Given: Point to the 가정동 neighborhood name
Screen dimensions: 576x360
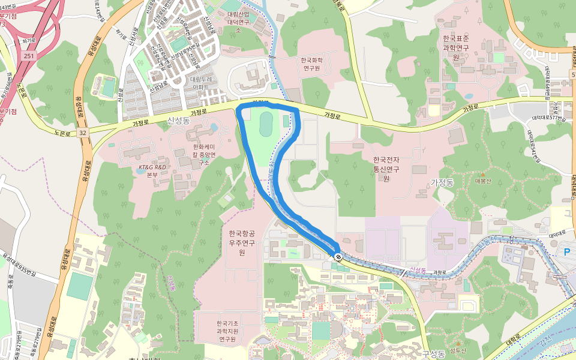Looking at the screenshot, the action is pos(444,181).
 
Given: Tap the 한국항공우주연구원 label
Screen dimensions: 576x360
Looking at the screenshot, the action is pos(242,242).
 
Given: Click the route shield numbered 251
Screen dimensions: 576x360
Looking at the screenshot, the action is pos(29,55).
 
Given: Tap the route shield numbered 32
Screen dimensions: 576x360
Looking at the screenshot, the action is pos(82,132).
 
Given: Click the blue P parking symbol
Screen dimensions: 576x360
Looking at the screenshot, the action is pos(567,253).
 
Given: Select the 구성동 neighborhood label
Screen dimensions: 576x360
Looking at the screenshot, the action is pos(433,353).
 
